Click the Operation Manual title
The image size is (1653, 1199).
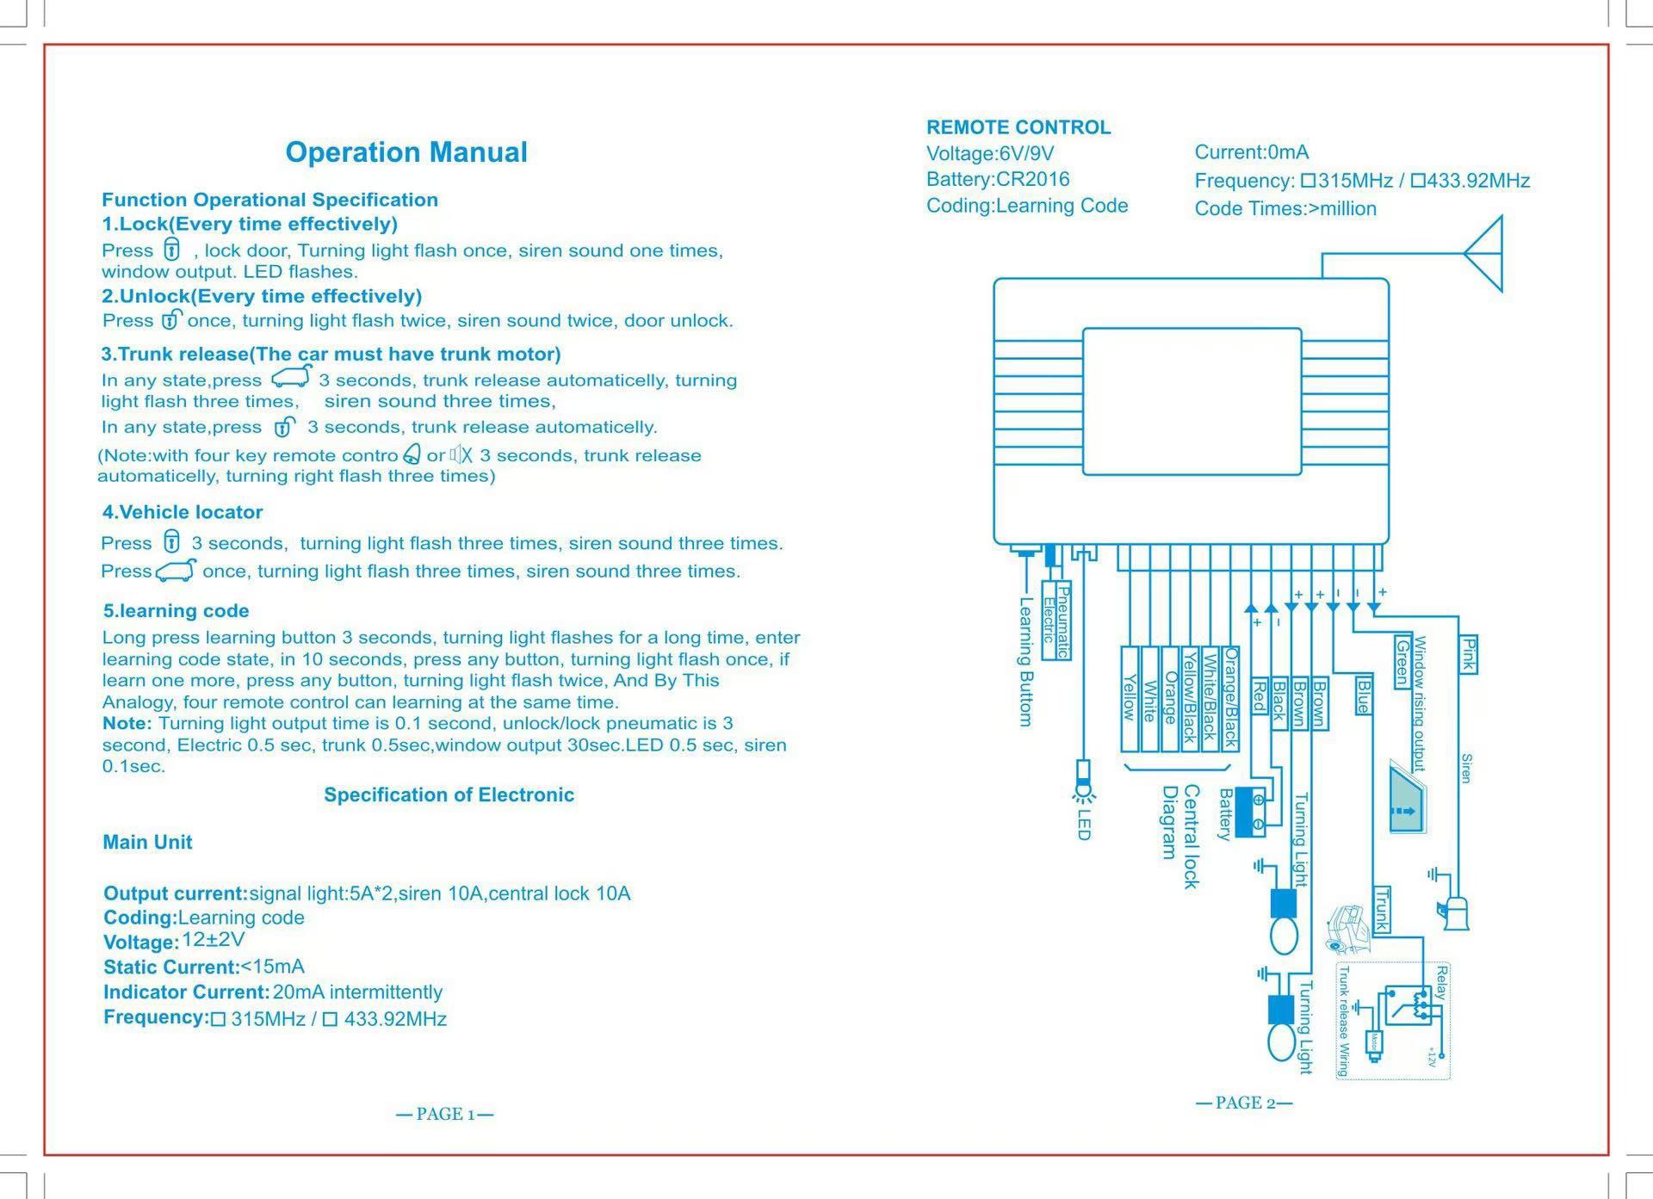pos(406,152)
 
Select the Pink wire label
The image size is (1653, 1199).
pos(1469,655)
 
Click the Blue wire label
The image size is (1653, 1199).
pos(1363,695)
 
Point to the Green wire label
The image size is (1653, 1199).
pos(1402,661)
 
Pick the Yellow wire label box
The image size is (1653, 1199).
pos(1130,698)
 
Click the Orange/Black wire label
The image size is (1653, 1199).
pos(1231,698)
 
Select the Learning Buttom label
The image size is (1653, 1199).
pos(1025,662)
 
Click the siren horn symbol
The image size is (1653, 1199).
pos(1455,913)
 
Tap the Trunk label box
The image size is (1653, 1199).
pos(1381,909)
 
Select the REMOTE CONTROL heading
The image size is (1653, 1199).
pos(1018,127)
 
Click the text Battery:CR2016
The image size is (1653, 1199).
pos(998,180)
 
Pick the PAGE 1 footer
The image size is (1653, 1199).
pos(445,1115)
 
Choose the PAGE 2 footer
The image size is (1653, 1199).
pos(1244,1103)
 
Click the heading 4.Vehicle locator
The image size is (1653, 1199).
pos(183,512)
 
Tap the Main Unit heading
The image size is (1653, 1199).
pos(147,843)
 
